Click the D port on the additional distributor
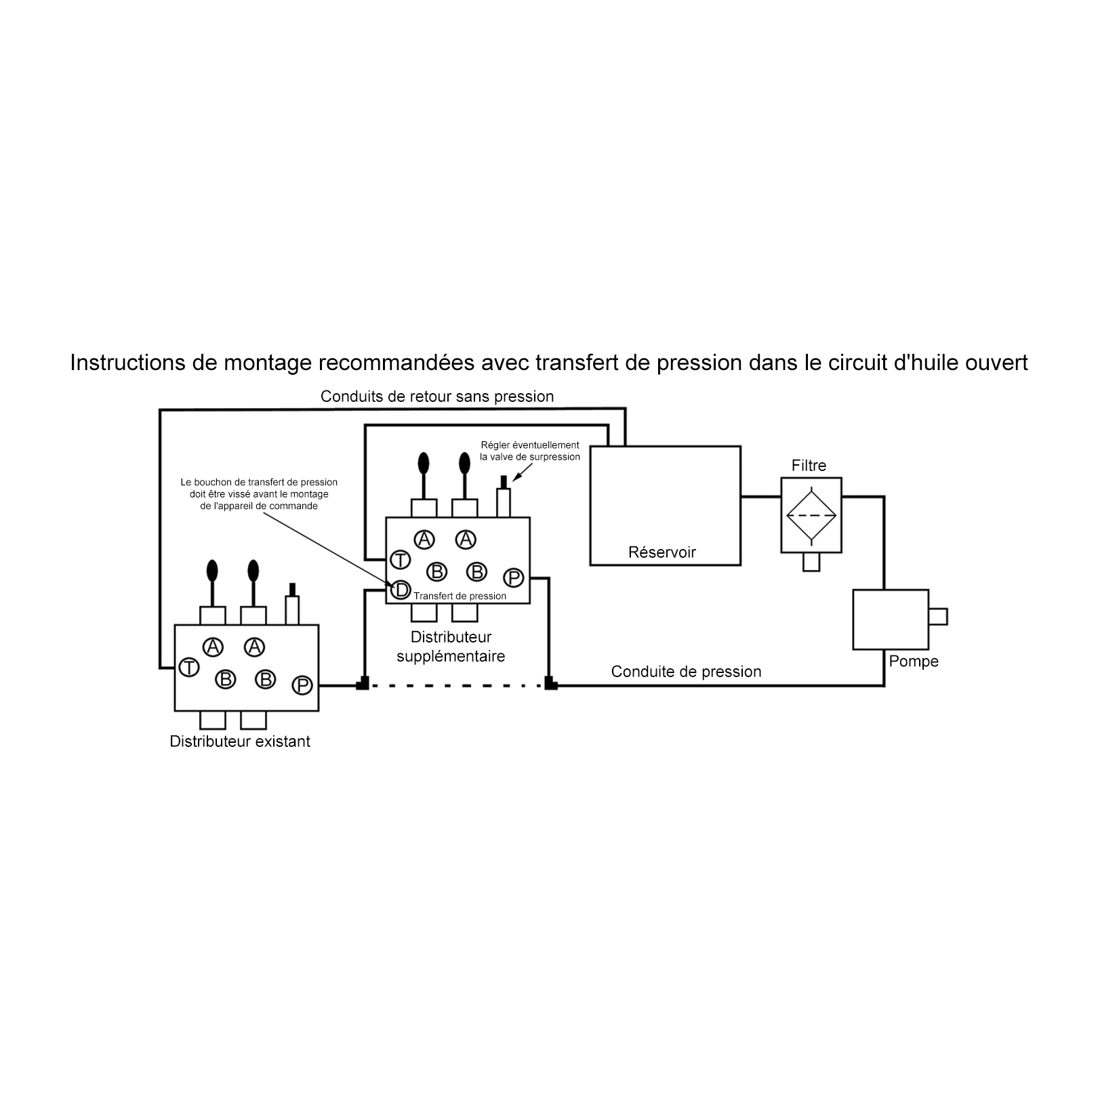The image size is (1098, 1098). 401,590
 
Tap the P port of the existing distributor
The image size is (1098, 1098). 302,686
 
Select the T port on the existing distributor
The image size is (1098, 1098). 189,668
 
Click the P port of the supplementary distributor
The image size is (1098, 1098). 514,578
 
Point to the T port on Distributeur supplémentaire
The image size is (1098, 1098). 401,560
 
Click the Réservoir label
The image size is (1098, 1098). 662,552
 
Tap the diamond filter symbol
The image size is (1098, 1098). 811,515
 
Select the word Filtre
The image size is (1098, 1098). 809,466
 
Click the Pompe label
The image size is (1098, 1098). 913,662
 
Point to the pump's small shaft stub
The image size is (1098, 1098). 938,617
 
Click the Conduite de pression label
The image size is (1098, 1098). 686,672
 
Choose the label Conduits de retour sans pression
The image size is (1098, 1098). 437,396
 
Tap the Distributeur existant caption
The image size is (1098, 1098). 240,741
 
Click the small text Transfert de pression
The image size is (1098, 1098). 460,596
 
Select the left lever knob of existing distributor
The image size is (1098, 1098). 212,570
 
